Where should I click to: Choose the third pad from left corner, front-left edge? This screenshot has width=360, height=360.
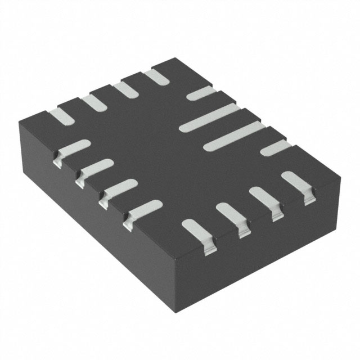click(x=118, y=190)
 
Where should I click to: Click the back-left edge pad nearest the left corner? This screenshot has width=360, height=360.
click(x=61, y=116)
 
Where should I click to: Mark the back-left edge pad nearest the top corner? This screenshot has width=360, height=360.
click(x=156, y=78)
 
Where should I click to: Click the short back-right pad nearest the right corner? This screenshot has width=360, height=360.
click(x=276, y=148)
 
